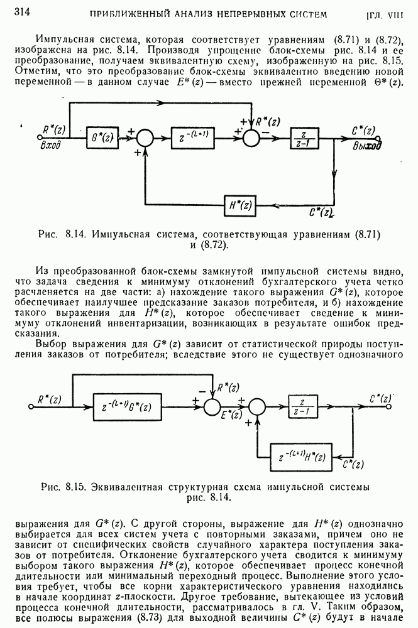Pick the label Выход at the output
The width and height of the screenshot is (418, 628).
(x=367, y=145)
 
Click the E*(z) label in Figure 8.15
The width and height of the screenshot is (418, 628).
(x=232, y=416)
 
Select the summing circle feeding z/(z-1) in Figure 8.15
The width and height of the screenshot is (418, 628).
(x=257, y=407)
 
